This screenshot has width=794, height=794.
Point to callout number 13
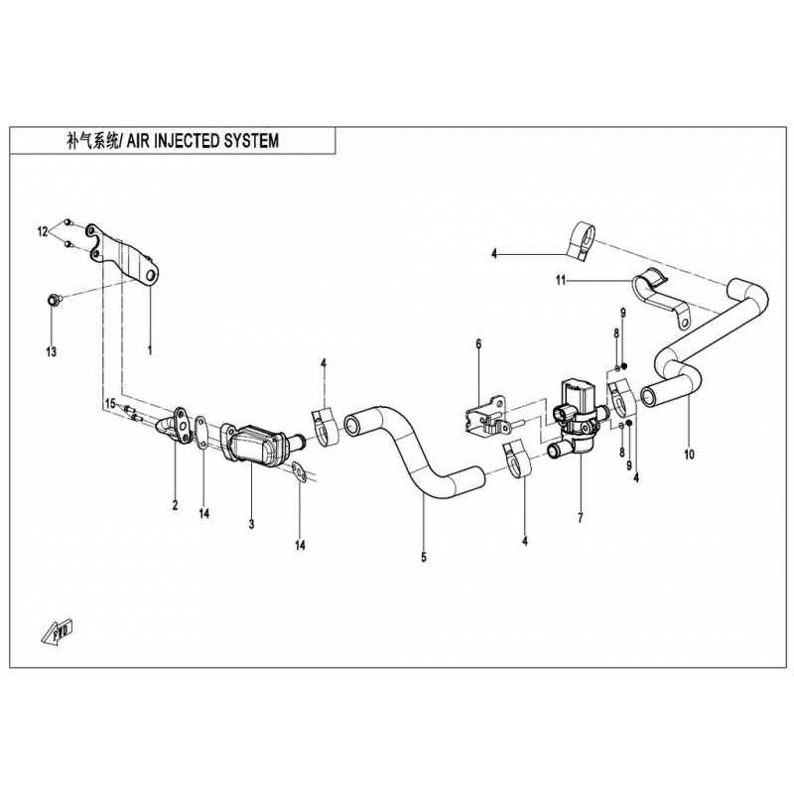click(52, 351)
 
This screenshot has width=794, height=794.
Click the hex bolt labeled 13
click(54, 298)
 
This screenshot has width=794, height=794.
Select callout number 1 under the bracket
click(150, 350)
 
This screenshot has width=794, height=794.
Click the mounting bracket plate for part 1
click(129, 253)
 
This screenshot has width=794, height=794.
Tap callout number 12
click(43, 232)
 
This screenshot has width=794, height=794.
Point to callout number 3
click(252, 523)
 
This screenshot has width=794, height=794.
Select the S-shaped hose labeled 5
click(417, 447)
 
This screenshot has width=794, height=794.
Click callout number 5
click(424, 558)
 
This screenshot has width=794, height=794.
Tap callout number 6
click(477, 344)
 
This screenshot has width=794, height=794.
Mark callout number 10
click(689, 455)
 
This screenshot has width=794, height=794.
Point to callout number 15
click(110, 403)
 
